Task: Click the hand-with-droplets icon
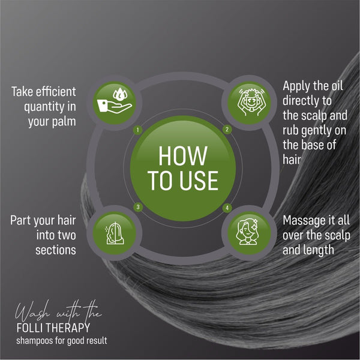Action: (115, 102)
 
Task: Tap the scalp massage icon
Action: (250, 103)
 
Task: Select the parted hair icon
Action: (115, 233)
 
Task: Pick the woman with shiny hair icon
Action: (247, 232)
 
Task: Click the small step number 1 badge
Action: (138, 130)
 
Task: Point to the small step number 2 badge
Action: (227, 130)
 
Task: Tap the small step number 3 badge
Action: (138, 207)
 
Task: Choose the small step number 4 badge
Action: (227, 208)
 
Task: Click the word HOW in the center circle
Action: (183, 156)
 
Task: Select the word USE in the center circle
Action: (199, 181)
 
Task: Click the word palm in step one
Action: (64, 121)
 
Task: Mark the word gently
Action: (316, 131)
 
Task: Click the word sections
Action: (56, 250)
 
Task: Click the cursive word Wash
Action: (32, 312)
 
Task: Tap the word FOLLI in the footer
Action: (29, 328)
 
